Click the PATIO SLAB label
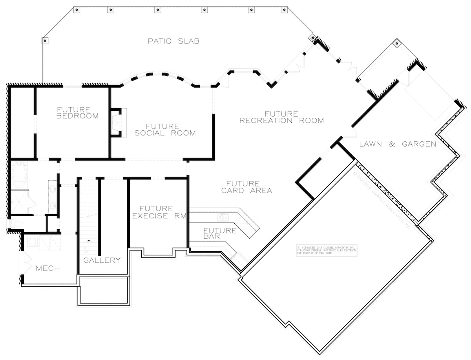pyautogui.click(x=173, y=41)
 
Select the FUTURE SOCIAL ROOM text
pyautogui.click(x=165, y=130)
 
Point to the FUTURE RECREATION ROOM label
pyautogui.click(x=281, y=117)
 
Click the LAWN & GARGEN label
pyautogui.click(x=398, y=144)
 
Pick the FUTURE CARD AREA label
pyautogui.click(x=246, y=187)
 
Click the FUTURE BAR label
pyautogui.click(x=220, y=234)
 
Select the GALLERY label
pyautogui.click(x=102, y=260)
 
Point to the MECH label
pyautogui.click(x=48, y=269)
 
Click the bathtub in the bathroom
pyautogui.click(x=19, y=174)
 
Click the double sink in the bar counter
pyautogui.click(x=223, y=216)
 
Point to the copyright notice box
pyautogui.click(x=327, y=250)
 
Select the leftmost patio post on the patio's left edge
pyautogui.click(x=45, y=40)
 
